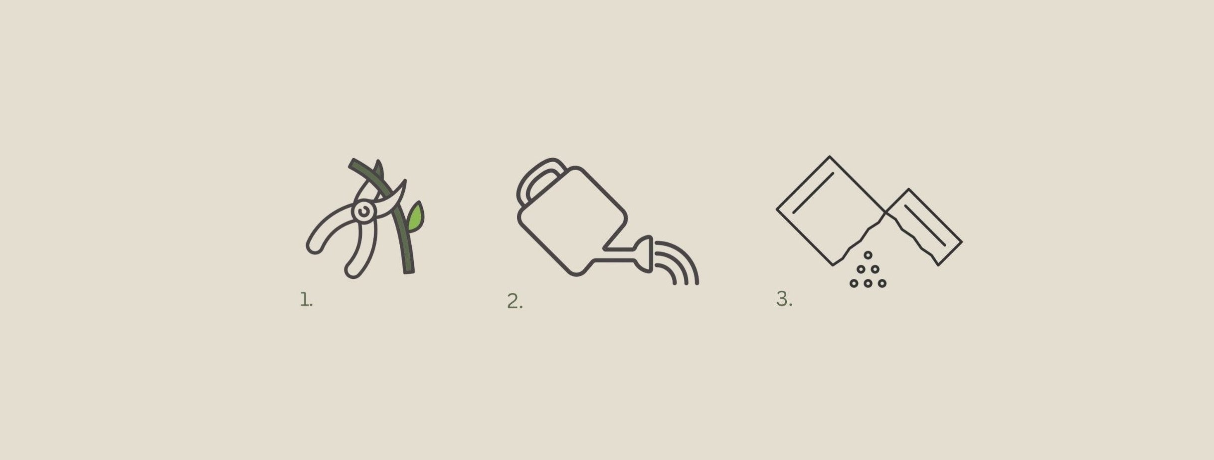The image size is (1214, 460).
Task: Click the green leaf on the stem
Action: [415, 217]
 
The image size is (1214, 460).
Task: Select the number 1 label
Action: [306, 299]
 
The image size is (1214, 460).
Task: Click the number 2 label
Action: [515, 301]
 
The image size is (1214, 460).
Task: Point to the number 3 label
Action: [784, 299]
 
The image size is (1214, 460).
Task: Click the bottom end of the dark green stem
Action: [409, 272]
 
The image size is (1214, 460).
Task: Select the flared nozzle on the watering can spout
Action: [645, 254]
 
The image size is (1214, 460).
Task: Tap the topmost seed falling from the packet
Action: [868, 255]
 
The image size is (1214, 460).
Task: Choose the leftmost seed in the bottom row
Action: [854, 283]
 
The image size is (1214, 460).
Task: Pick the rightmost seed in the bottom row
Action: [882, 283]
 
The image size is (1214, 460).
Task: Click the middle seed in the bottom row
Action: [868, 283]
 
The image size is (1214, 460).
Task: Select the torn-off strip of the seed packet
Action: [924, 227]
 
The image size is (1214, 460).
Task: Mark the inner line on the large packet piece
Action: [813, 193]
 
